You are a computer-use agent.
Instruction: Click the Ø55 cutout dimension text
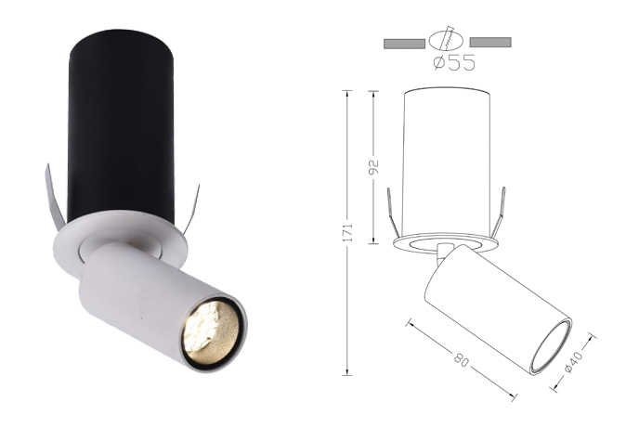click(x=454, y=62)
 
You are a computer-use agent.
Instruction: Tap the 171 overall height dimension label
click(x=346, y=232)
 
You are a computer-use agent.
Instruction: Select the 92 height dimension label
click(x=373, y=167)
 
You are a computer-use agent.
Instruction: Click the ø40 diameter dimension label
click(x=574, y=361)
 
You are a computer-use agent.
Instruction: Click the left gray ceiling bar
click(x=404, y=43)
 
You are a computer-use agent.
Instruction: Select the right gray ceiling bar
click(x=490, y=43)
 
